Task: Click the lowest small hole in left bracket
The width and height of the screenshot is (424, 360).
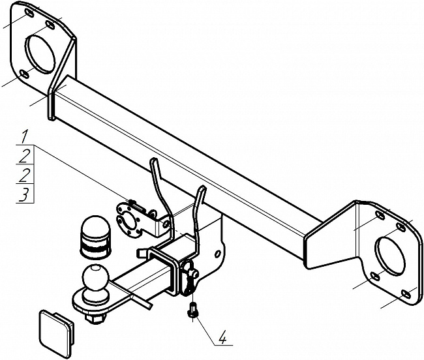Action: (x=25, y=74)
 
